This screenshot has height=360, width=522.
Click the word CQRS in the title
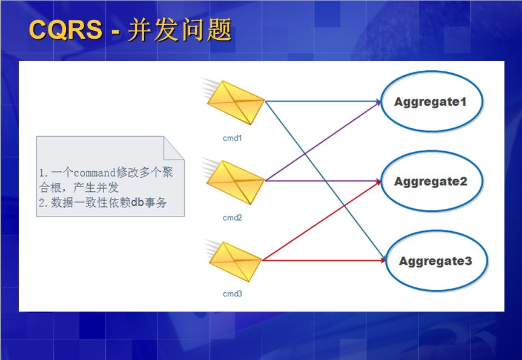[65, 30]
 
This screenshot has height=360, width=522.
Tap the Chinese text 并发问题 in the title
[180, 30]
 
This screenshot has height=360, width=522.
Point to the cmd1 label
[233, 138]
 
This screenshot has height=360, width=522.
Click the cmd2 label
[233, 218]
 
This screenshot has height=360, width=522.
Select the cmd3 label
[233, 294]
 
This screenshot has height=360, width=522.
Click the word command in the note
[94, 172]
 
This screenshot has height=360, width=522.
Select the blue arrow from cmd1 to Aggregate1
[323, 101]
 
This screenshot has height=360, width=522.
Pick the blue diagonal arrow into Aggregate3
[326, 180]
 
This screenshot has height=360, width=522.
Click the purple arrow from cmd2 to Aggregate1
[323, 141]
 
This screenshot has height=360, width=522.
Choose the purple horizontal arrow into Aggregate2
[323, 181]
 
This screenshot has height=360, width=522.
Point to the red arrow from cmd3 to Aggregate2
[322, 221]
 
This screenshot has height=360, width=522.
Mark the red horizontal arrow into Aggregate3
[324, 260]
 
